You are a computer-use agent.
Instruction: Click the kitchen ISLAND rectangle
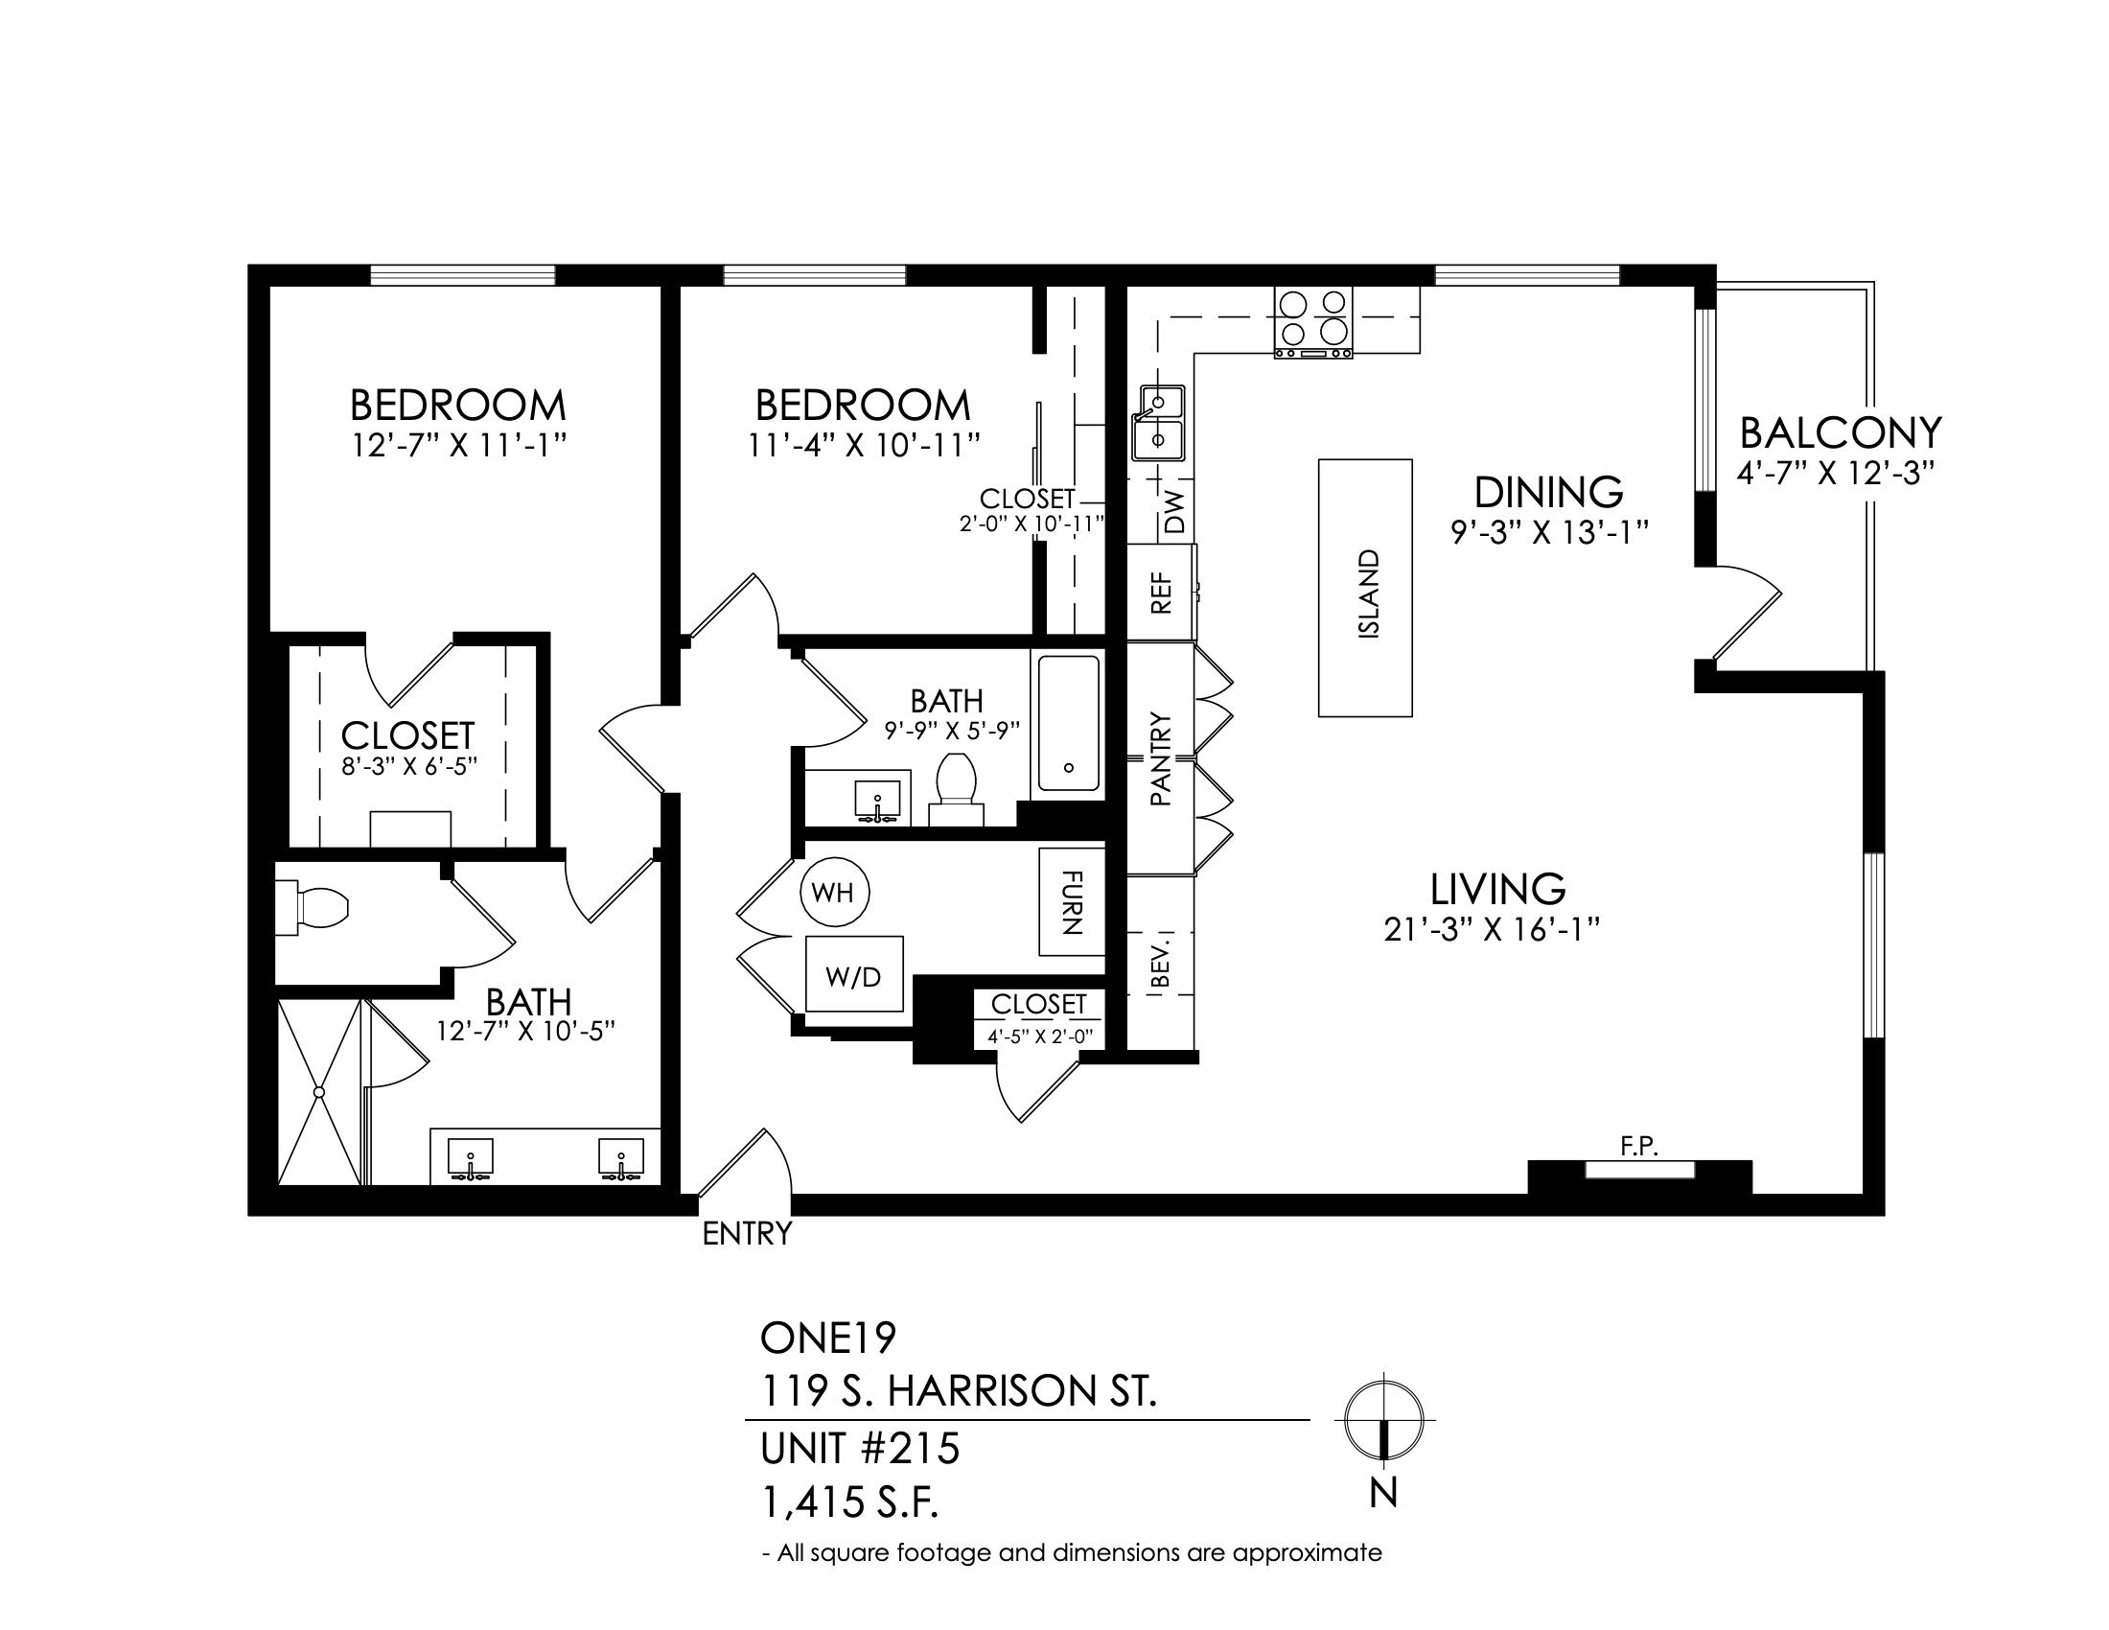click(x=1365, y=587)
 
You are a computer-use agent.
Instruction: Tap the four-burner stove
click(x=1313, y=322)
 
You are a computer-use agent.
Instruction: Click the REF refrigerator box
click(x=1162, y=592)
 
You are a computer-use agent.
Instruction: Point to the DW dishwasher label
click(x=1174, y=512)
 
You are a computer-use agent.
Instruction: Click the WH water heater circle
click(x=834, y=893)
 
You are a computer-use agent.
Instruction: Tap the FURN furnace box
click(x=1072, y=902)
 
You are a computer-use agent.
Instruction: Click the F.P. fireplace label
click(x=1638, y=1146)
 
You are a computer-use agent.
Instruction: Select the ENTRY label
click(x=747, y=1234)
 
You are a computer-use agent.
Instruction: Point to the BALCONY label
click(x=1841, y=433)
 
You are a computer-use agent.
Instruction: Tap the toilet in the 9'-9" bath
click(x=956, y=790)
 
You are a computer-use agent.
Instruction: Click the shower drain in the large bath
click(x=317, y=1091)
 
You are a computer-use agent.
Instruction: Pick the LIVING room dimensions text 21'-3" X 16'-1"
click(x=1492, y=930)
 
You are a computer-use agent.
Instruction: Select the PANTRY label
click(x=1161, y=759)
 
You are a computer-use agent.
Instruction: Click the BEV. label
click(x=1162, y=960)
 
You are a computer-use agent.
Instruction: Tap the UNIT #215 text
click(x=861, y=1449)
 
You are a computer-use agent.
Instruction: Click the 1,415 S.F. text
click(x=850, y=1502)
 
